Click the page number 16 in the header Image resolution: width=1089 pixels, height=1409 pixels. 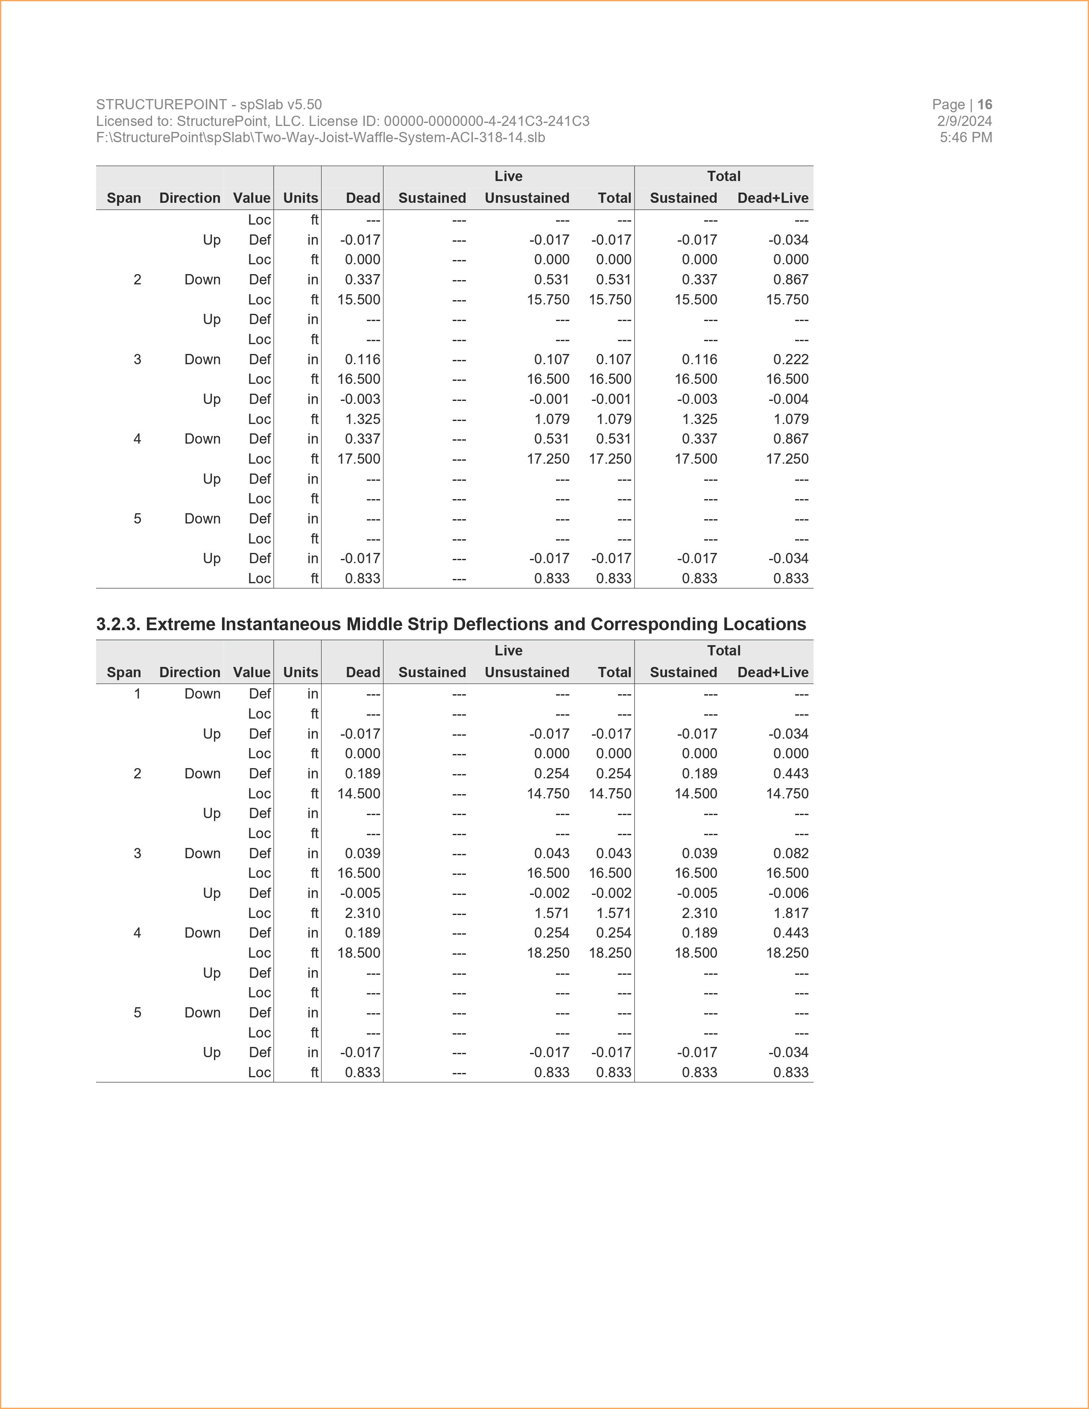pos(984,105)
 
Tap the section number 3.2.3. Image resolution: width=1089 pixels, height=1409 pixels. pos(118,625)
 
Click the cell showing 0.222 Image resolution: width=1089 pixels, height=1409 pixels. pos(790,360)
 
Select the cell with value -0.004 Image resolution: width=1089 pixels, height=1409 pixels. pos(788,399)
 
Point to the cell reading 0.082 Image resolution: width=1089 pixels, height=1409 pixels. pos(790,854)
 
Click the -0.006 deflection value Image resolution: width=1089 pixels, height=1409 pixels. pos(788,894)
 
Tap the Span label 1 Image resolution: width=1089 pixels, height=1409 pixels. pos(138,694)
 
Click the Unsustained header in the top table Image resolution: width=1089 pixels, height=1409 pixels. pos(527,198)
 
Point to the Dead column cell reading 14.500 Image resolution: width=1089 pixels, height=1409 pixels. pos(359,794)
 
